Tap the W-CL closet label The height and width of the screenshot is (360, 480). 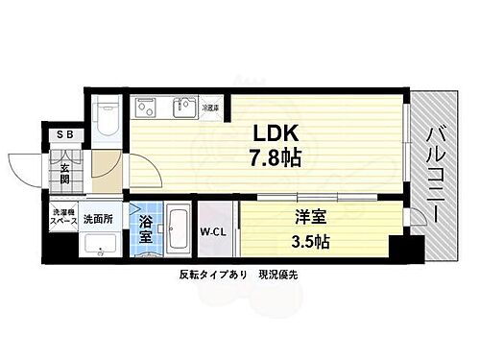(x=212, y=230)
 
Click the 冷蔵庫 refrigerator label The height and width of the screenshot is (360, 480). (x=209, y=108)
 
